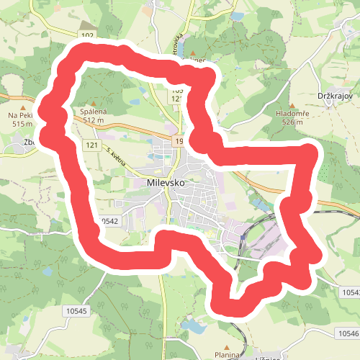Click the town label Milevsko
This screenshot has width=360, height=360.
166,183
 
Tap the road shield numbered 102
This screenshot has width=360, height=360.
88,35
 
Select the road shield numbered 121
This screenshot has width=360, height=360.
90,145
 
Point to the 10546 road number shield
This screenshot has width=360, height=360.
349,334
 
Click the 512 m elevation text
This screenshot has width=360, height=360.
94,121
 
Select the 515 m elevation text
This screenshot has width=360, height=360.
22,124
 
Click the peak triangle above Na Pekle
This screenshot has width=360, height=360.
21,106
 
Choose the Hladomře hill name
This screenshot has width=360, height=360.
292,114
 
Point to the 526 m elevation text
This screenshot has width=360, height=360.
292,122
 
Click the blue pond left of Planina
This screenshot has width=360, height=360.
194,328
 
